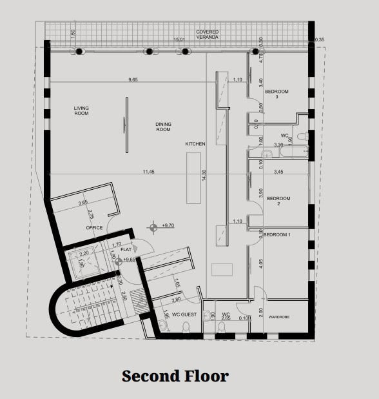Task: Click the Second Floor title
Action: click(175, 376)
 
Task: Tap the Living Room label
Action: click(81, 110)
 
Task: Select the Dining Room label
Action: click(163, 127)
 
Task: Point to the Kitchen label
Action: click(195, 144)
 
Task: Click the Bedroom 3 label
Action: click(277, 94)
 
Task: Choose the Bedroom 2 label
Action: click(278, 201)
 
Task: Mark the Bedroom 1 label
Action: click(277, 234)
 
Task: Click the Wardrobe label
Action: click(279, 317)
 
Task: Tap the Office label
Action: click(95, 228)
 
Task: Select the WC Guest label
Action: click(184, 314)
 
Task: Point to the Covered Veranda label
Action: click(207, 34)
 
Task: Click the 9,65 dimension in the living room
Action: click(133, 79)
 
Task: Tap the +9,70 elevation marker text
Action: click(169, 225)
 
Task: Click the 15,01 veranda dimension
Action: click(180, 40)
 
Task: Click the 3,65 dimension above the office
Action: click(83, 203)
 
